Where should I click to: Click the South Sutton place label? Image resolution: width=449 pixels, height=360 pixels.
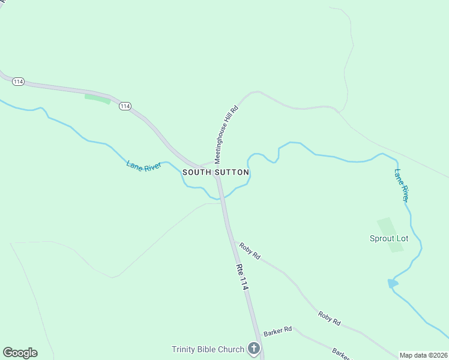point(215,172)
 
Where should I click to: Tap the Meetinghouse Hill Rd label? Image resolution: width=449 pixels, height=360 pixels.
point(227,135)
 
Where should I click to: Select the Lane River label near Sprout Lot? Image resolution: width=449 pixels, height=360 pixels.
point(402,185)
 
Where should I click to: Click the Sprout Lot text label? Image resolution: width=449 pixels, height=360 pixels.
point(388,238)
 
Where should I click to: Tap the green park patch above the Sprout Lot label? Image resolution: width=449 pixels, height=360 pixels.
point(387,226)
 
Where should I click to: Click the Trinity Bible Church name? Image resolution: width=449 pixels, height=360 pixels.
point(208,349)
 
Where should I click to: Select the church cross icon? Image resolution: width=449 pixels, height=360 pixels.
point(254,349)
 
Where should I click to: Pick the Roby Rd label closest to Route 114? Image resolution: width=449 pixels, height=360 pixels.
point(250,251)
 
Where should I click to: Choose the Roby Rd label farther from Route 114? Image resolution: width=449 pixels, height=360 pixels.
point(330,318)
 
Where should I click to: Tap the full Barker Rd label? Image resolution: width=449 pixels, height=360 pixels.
point(277,331)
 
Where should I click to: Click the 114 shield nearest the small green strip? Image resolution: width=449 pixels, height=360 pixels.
point(124,106)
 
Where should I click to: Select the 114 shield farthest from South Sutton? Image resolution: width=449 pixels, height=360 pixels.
point(18,82)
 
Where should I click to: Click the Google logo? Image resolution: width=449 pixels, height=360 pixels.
point(20,353)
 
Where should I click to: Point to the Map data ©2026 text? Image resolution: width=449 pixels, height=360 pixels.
point(423,355)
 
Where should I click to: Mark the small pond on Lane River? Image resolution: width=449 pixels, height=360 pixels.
point(393,283)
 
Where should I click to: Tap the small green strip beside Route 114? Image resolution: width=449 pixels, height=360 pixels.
point(97,98)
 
